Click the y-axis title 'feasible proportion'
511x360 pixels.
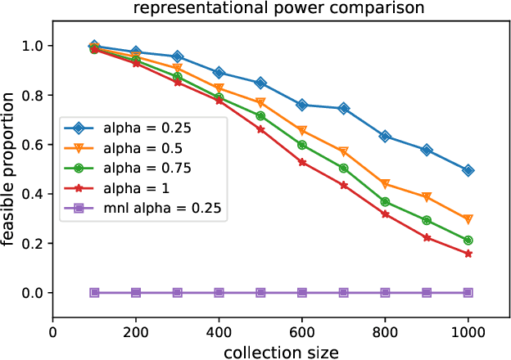pos(9,168)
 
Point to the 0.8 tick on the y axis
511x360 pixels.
pos(36,95)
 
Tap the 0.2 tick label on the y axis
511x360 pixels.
pos(36,244)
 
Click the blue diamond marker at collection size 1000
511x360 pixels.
pos(468,170)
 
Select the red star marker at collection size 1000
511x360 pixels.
pos(468,254)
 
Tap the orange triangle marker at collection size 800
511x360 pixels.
pos(385,184)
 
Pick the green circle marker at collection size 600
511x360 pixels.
pos(302,145)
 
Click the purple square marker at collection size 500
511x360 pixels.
pos(260,292)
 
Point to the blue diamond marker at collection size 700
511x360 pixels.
pos(344,108)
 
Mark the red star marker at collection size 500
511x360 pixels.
pos(260,129)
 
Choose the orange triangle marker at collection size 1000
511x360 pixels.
pos(468,219)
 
